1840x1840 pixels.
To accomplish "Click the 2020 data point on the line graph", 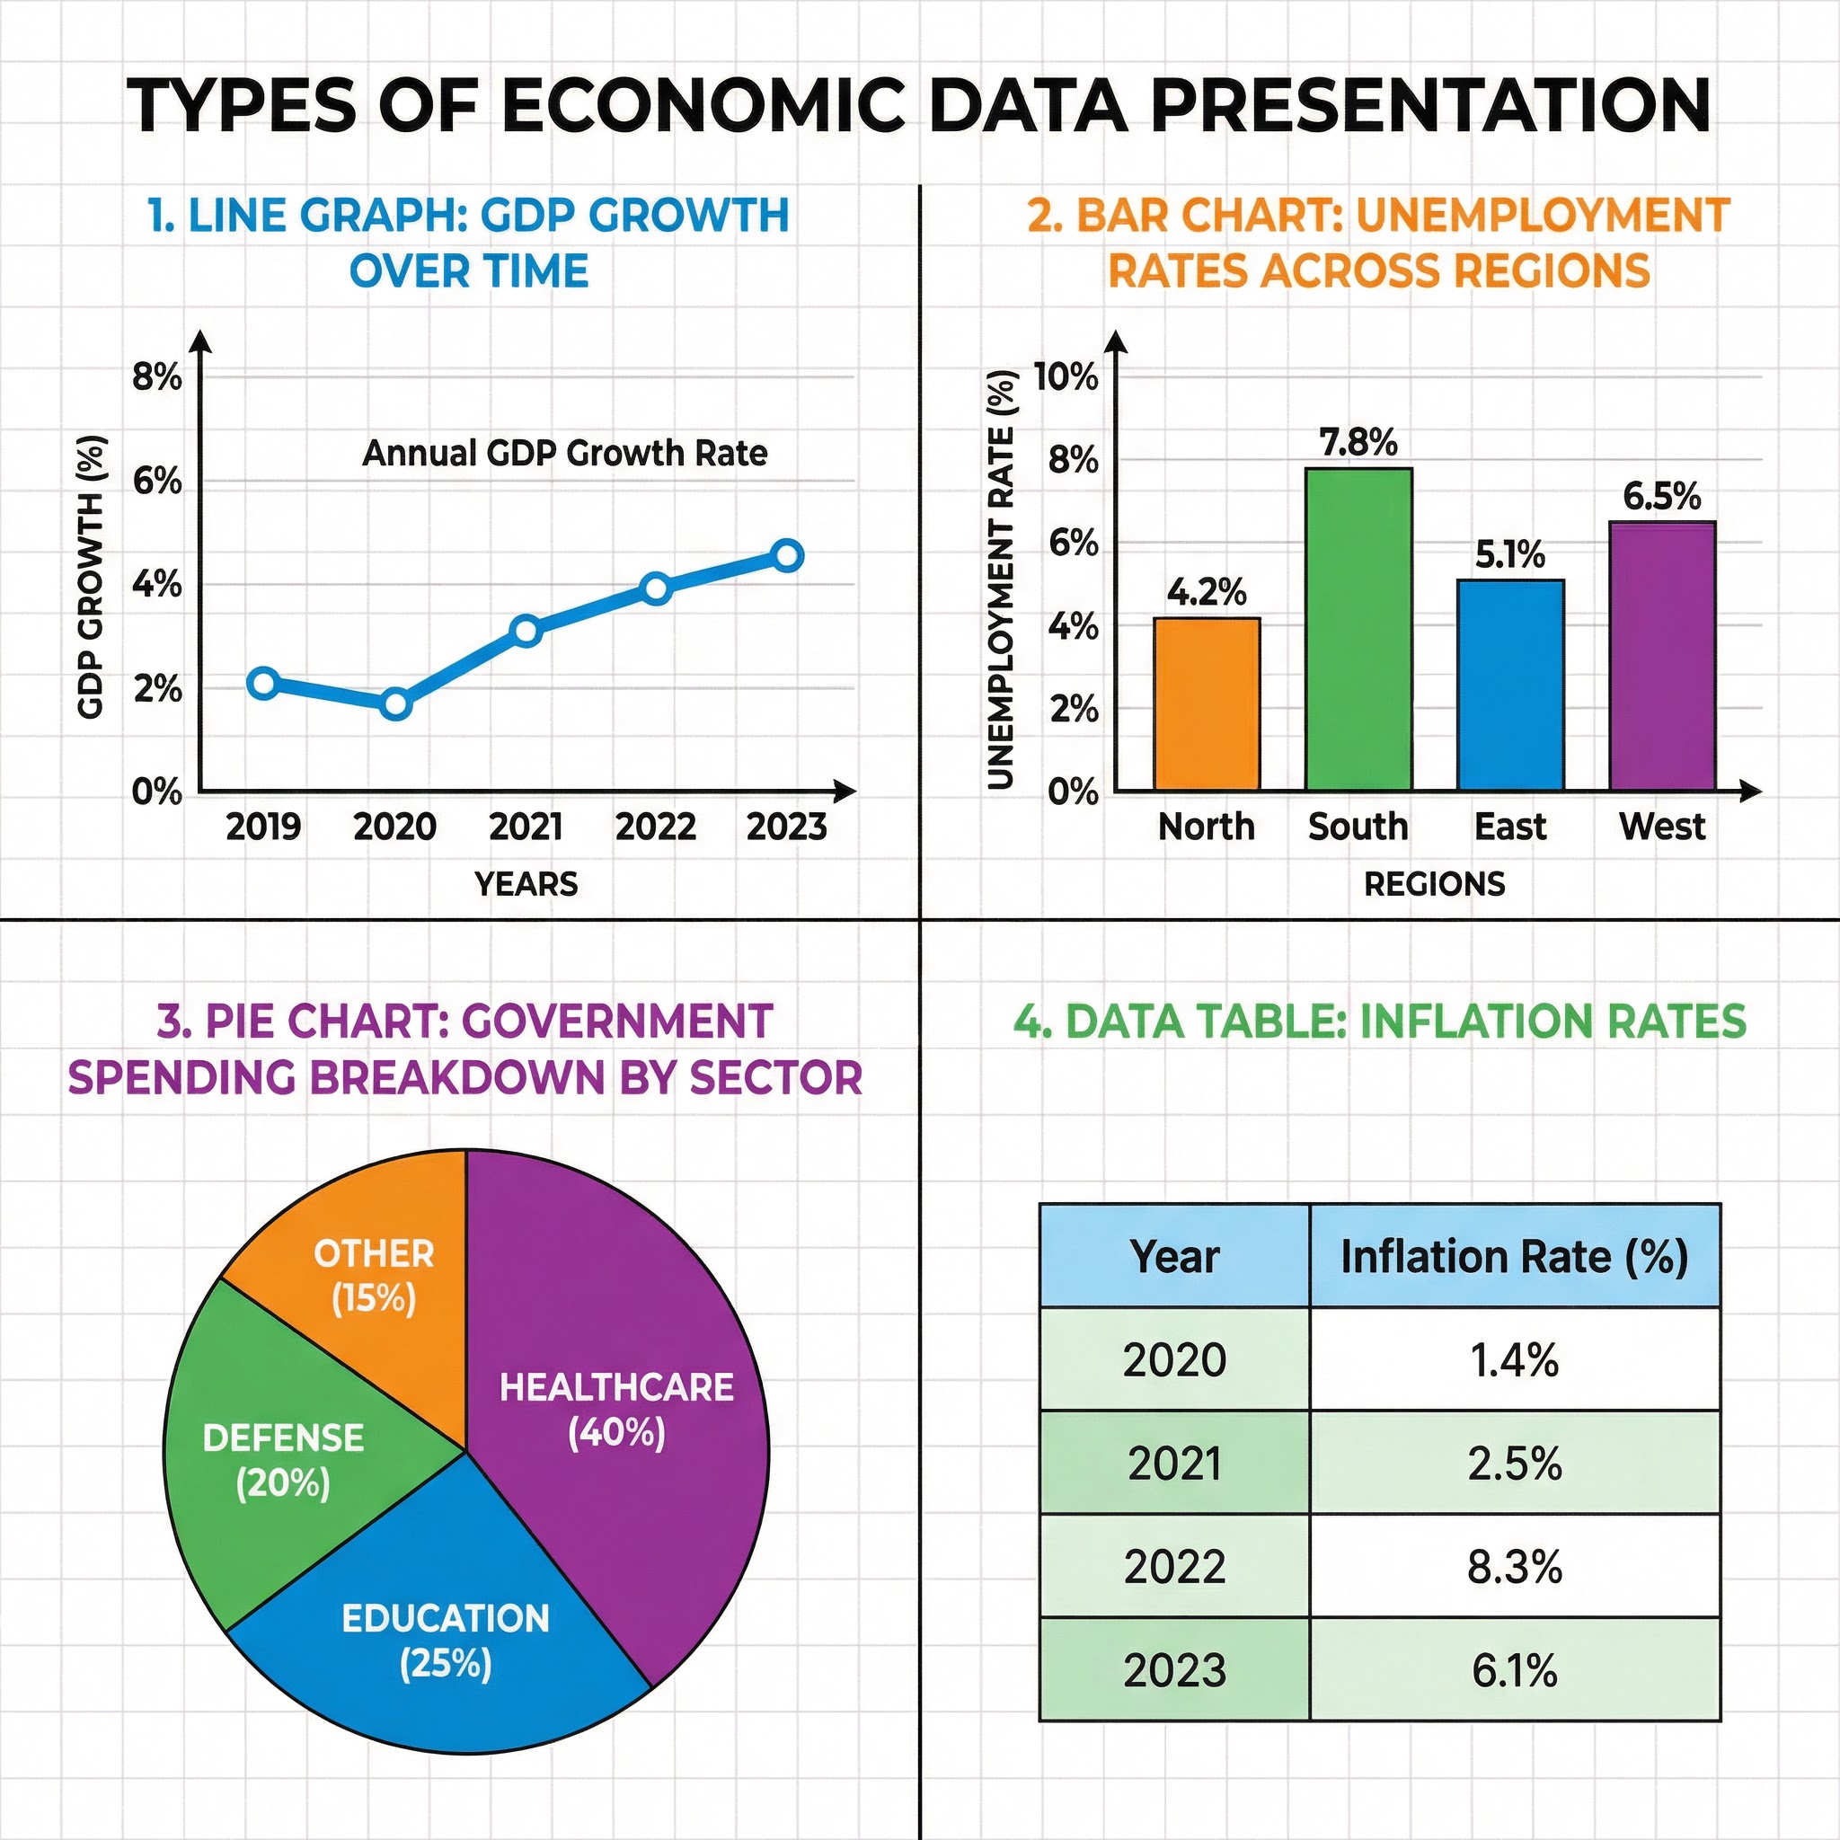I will [x=395, y=703].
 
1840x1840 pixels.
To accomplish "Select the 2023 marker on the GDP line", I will [x=787, y=555].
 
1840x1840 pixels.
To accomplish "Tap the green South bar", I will [x=1358, y=629].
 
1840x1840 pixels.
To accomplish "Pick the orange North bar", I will [x=1207, y=703].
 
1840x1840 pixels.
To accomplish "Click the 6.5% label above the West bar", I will [x=1661, y=496].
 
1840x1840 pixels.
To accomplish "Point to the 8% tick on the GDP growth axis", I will [x=157, y=377].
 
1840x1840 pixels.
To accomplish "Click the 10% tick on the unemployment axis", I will [x=1066, y=377].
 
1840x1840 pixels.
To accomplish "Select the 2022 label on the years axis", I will [x=655, y=826].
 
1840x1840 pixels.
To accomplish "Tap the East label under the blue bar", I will [x=1509, y=826].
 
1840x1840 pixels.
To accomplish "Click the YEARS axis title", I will [x=526, y=884].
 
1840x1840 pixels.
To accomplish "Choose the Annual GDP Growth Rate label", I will [x=565, y=453].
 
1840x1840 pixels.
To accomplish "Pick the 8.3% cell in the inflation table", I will [x=1514, y=1567].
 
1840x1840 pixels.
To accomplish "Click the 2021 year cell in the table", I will [x=1174, y=1463].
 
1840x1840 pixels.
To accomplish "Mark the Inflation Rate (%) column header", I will [x=1514, y=1256].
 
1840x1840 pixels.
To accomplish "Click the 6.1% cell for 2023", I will [x=1514, y=1670].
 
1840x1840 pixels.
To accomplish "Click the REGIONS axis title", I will [x=1434, y=884].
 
